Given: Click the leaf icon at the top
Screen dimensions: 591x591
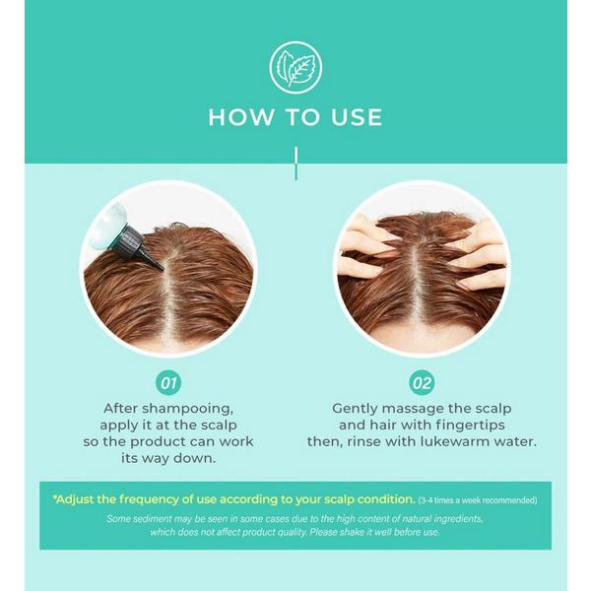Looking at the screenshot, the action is pos(295,68).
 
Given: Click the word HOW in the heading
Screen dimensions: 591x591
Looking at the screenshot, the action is pos(241,117).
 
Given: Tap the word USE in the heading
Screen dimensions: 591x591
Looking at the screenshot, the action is pos(357,117).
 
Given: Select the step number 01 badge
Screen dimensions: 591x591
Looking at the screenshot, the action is pos(168,383).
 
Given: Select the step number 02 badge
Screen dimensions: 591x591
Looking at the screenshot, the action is pos(422,383).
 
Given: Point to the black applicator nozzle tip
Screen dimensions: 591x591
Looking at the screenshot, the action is pos(160,267).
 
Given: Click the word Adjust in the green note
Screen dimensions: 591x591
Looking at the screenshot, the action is pos(74,499).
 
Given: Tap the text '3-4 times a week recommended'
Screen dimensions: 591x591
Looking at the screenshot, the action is pos(477,500).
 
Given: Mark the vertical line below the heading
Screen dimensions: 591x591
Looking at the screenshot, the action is pos(295,164).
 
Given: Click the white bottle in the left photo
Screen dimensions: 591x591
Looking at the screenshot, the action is pos(106,225).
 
